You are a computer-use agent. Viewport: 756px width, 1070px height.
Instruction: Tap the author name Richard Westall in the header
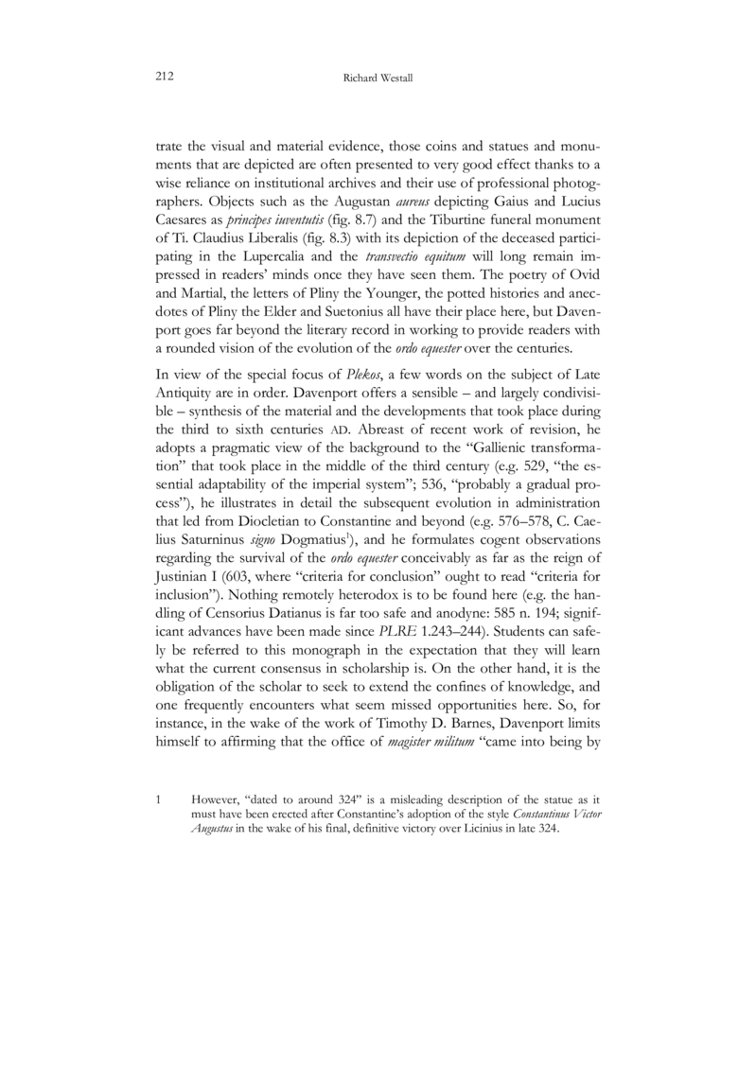coord(376,77)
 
